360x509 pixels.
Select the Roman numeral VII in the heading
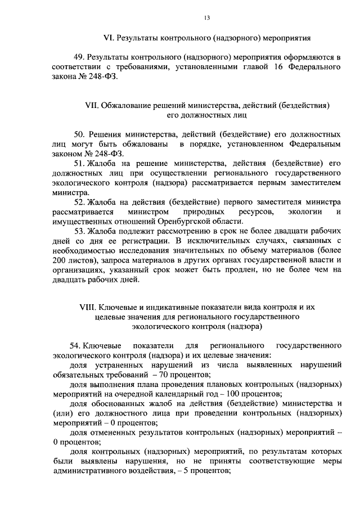(x=91, y=105)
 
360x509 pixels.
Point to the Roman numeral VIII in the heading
(x=88, y=307)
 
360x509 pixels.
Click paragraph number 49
(x=79, y=57)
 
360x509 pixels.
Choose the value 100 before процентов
(x=233, y=394)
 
